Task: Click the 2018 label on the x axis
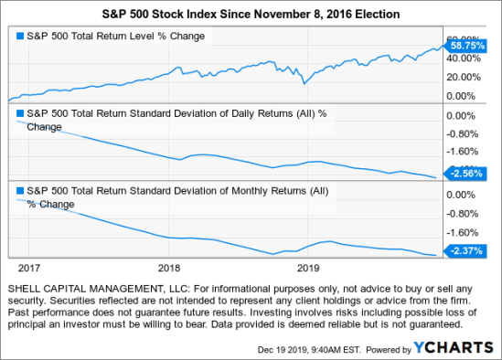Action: pos(169,269)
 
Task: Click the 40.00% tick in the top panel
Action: pos(463,58)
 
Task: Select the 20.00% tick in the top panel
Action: pos(463,77)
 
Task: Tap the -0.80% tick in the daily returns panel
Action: pos(463,134)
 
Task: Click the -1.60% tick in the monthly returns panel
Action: pos(463,232)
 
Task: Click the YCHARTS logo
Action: pos(461,347)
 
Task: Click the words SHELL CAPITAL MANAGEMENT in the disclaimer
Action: pos(87,288)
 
